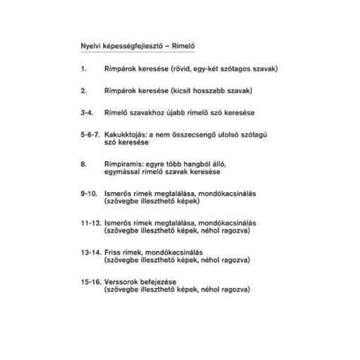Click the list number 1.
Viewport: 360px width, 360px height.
pyautogui.click(x=83, y=69)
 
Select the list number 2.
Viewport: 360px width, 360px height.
pyautogui.click(x=83, y=91)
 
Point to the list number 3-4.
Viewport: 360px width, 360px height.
pyautogui.click(x=86, y=113)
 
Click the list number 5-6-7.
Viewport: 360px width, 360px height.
pyautogui.click(x=90, y=135)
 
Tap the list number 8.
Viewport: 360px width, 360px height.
pyautogui.click(x=83, y=164)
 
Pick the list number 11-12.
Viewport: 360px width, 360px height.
pyautogui.click(x=90, y=222)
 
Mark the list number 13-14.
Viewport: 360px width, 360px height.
pyautogui.click(x=90, y=251)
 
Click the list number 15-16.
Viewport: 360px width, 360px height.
pyautogui.click(x=90, y=280)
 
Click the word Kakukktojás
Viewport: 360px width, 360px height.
pyautogui.click(x=123, y=135)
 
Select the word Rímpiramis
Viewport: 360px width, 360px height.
pyautogui.click(x=121, y=164)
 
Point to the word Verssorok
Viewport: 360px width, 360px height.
pyautogui.click(x=121, y=280)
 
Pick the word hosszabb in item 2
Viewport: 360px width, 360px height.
pyautogui.click(x=198, y=91)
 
